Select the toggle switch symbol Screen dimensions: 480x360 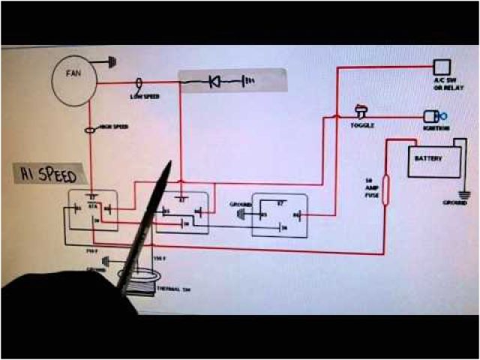tap(361, 113)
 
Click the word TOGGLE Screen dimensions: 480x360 tap(362, 125)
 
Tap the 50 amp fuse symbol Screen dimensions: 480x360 tap(387, 184)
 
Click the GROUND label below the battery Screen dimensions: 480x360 tap(454, 202)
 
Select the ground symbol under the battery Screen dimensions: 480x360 tap(465, 193)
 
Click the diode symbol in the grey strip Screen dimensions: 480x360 tap(214, 81)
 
